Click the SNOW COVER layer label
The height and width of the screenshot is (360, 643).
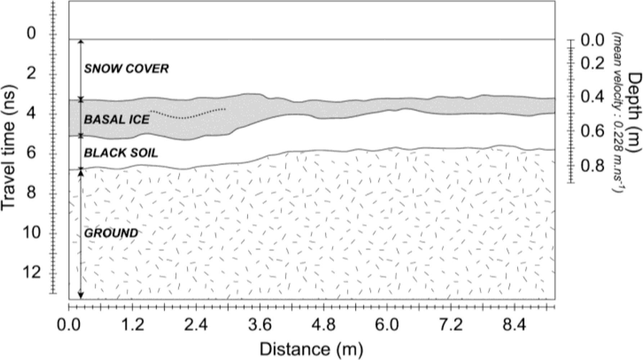coord(126,68)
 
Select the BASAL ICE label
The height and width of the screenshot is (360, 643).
coord(117,120)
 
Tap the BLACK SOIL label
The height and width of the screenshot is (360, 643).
coord(121,153)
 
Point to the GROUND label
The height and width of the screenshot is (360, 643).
coord(111,233)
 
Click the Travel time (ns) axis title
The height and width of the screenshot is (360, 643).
coord(9,148)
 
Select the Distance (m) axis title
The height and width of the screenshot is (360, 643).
coord(311,349)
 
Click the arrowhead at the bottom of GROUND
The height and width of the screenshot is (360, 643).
coord(81,296)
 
